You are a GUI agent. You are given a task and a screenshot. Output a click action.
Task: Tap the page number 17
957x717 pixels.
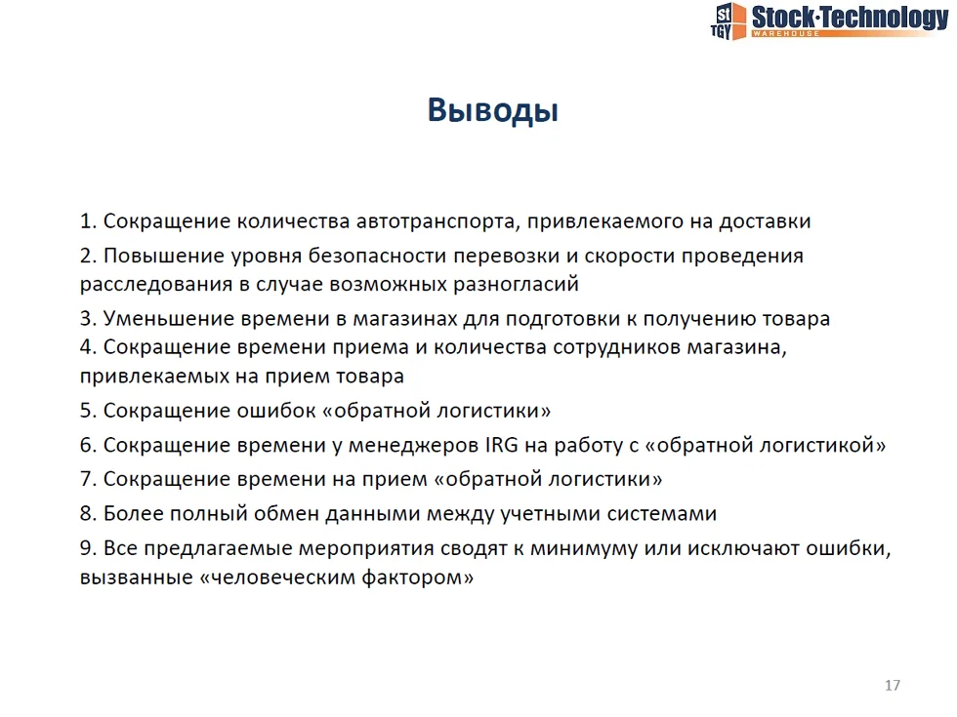click(x=893, y=685)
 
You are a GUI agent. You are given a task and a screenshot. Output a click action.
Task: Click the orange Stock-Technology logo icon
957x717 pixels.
click(x=728, y=21)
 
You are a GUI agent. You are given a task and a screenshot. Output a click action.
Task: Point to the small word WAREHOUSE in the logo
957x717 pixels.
click(x=785, y=33)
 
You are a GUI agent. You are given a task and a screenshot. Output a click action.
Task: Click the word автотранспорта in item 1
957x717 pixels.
click(x=438, y=221)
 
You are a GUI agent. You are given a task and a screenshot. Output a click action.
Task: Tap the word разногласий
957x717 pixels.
click(x=516, y=284)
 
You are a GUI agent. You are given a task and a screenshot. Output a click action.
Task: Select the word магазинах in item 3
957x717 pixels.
click(x=405, y=319)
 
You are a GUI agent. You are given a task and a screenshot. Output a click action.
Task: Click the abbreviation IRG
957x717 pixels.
click(x=502, y=445)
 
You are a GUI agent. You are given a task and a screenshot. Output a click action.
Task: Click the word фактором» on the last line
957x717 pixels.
click(x=418, y=577)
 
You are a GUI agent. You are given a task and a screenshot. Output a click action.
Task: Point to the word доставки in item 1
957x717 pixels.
click(x=765, y=222)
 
